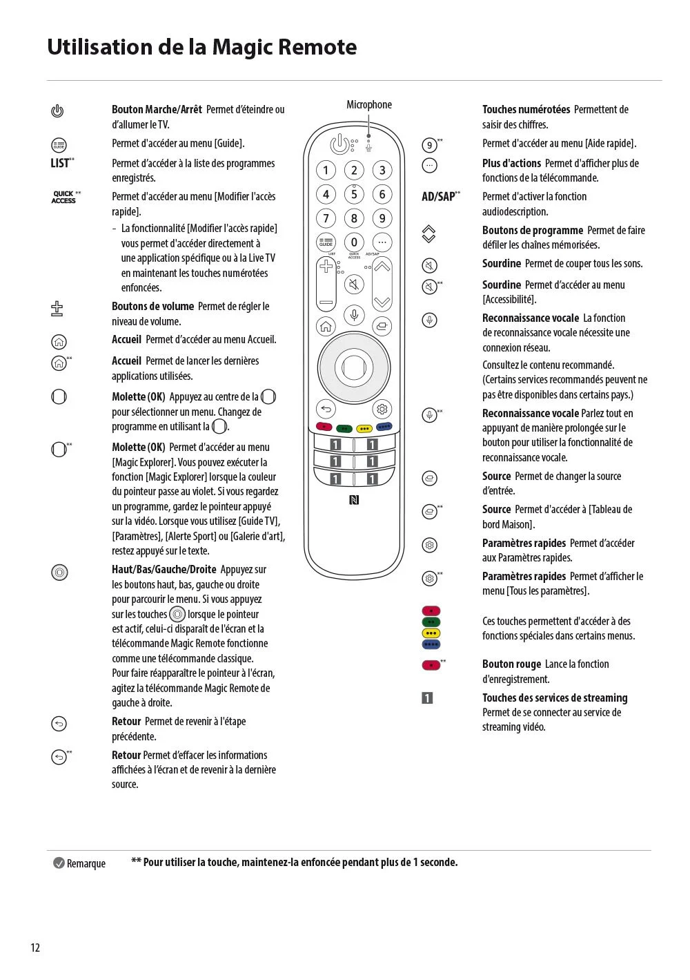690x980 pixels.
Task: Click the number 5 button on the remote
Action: (354, 194)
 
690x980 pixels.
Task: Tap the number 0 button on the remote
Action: (354, 242)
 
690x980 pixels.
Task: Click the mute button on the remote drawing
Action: (354, 285)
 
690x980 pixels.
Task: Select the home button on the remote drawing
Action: (326, 327)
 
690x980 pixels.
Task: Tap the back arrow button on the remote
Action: (326, 409)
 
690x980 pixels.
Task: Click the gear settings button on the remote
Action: (382, 409)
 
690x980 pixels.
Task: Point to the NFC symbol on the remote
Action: (354, 499)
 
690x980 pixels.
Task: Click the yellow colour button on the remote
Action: (364, 429)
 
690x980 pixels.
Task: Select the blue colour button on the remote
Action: (383, 427)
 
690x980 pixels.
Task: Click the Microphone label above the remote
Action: (369, 105)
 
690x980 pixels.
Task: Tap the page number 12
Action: (35, 948)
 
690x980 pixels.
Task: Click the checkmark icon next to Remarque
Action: (59, 863)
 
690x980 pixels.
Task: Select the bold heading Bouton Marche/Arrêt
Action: (157, 109)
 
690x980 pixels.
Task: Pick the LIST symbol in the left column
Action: (62, 163)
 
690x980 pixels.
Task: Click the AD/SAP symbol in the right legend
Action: (440, 196)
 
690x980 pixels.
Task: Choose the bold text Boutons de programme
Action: (532, 230)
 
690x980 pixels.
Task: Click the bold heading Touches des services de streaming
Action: (555, 698)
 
